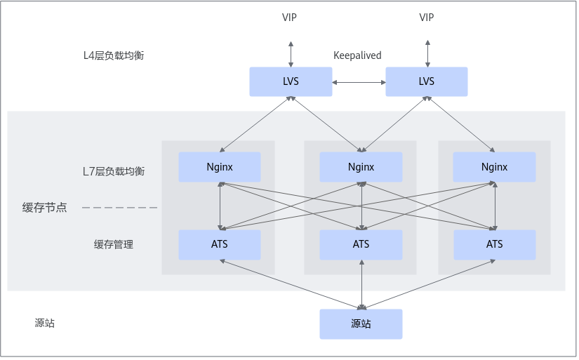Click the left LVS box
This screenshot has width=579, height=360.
pyautogui.click(x=291, y=81)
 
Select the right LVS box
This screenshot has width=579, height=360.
pyautogui.click(x=427, y=81)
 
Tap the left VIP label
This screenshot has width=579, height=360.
pyautogui.click(x=289, y=18)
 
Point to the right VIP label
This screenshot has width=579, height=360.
pyautogui.click(x=427, y=18)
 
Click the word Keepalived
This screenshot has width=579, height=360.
pyautogui.click(x=357, y=55)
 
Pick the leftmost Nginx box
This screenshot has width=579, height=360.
pyautogui.click(x=220, y=167)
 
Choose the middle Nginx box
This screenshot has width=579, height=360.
pyautogui.click(x=361, y=167)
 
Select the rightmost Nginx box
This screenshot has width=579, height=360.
pyautogui.click(x=494, y=167)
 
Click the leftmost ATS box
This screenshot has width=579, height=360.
pyautogui.click(x=220, y=244)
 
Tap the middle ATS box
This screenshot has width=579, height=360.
pyautogui.click(x=361, y=244)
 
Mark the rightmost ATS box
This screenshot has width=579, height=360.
pyautogui.click(x=494, y=244)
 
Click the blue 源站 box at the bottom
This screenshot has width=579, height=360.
pyautogui.click(x=361, y=324)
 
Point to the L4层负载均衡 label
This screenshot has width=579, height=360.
pyautogui.click(x=114, y=55)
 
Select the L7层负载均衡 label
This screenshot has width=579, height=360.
pyautogui.click(x=114, y=171)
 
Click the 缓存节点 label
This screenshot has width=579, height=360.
pyautogui.click(x=45, y=208)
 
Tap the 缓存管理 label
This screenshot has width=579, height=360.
pyautogui.click(x=114, y=245)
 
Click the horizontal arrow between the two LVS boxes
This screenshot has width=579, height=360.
pyautogui.click(x=359, y=82)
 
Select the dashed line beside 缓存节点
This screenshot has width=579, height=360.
pyautogui.click(x=119, y=208)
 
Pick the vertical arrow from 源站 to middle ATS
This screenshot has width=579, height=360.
pyautogui.click(x=361, y=284)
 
